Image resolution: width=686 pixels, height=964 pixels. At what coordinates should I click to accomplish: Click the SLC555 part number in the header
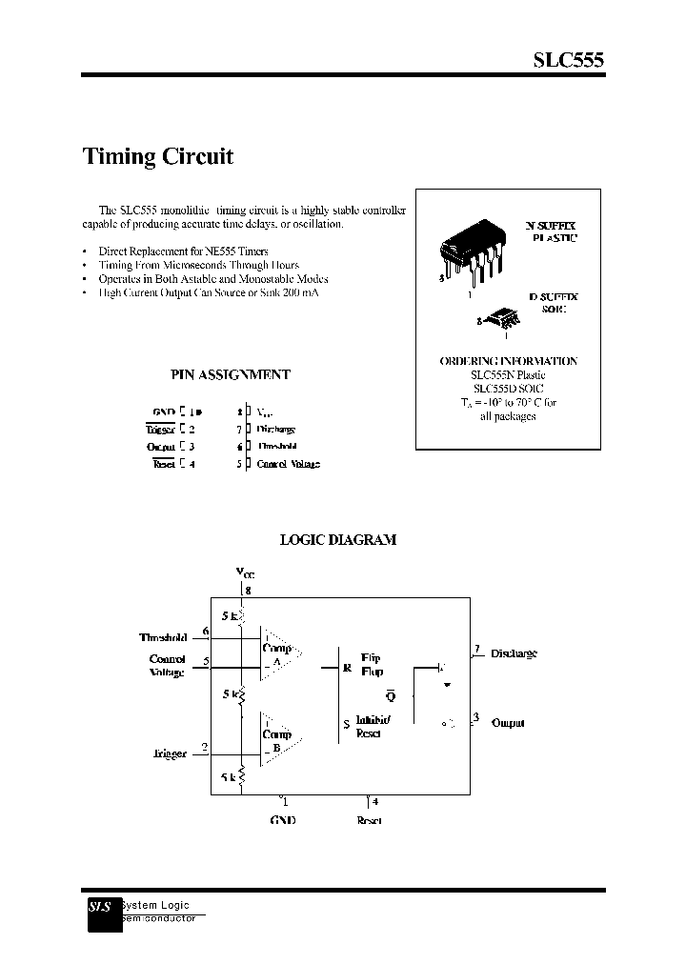(x=567, y=59)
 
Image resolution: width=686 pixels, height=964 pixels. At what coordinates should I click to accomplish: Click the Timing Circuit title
(x=158, y=156)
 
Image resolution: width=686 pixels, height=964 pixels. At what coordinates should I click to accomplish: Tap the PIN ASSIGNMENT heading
(x=230, y=374)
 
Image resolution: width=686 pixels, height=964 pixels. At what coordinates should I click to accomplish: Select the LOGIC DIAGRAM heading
(x=337, y=539)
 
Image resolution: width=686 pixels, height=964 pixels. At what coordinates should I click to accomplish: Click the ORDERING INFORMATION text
(x=508, y=361)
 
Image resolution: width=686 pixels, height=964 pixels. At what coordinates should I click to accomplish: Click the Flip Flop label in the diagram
(x=372, y=665)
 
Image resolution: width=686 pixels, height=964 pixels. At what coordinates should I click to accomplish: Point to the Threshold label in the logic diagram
(x=163, y=638)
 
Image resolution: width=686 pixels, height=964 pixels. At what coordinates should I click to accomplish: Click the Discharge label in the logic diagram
(x=514, y=653)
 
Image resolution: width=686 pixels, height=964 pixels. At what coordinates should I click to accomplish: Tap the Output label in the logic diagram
(x=508, y=723)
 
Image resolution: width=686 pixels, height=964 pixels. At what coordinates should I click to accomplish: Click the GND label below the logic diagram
(x=283, y=820)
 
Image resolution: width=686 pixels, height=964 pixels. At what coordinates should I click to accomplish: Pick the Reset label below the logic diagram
(x=369, y=820)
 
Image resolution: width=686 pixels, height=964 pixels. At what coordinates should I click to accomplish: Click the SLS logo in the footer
(x=101, y=908)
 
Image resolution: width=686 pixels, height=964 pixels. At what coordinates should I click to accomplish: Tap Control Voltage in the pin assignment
(x=288, y=464)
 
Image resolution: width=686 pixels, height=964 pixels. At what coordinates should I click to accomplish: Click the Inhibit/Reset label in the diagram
(x=373, y=726)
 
